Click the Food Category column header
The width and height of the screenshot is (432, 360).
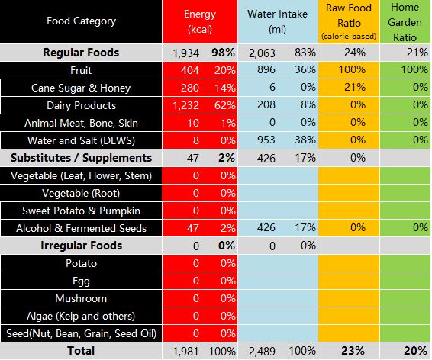tap(81, 21)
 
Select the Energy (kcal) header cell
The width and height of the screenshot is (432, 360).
tap(200, 21)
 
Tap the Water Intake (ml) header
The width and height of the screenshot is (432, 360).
tap(277, 21)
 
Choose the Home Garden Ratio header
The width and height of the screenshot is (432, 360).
tap(405, 22)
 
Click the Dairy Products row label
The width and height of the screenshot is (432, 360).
tap(81, 105)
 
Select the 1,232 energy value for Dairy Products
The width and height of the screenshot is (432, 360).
tap(185, 105)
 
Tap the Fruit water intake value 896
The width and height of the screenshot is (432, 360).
tap(266, 69)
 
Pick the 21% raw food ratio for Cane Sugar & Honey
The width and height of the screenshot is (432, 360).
tap(355, 88)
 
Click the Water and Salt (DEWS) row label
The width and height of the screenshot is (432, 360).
tap(81, 140)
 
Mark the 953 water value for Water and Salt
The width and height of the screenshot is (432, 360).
tap(266, 140)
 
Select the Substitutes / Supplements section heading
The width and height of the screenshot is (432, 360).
tap(81, 158)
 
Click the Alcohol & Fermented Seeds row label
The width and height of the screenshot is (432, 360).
tap(81, 228)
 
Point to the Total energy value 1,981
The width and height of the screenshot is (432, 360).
tap(185, 352)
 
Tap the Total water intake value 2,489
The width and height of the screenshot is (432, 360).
tap(262, 352)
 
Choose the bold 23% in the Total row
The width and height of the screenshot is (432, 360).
tap(353, 351)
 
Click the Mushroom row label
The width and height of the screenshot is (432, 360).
tap(81, 299)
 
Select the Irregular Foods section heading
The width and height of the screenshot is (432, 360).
tap(81, 246)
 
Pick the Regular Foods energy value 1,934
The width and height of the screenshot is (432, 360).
tap(185, 53)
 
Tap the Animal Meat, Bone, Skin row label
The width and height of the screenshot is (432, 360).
tap(81, 123)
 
